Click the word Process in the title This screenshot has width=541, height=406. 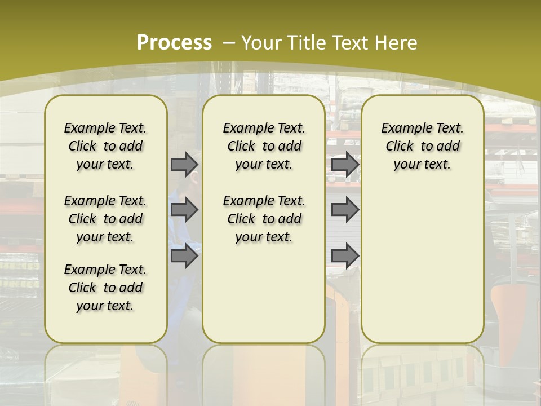(x=174, y=42)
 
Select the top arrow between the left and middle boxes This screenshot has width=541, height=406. (x=184, y=165)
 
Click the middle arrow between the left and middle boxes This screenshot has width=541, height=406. (x=184, y=210)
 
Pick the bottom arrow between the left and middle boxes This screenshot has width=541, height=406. (x=184, y=256)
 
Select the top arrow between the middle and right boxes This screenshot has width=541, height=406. (x=345, y=165)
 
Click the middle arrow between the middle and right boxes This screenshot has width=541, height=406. (x=345, y=210)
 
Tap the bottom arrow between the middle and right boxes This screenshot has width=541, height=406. (x=345, y=256)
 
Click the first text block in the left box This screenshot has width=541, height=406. (x=105, y=146)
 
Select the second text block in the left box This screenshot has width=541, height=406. (x=105, y=219)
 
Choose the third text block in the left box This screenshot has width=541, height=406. (x=105, y=288)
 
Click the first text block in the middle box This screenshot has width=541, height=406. (x=264, y=146)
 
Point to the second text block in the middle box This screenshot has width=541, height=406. (x=264, y=219)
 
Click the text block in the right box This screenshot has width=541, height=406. (x=423, y=146)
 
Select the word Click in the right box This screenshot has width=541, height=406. (x=400, y=147)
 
